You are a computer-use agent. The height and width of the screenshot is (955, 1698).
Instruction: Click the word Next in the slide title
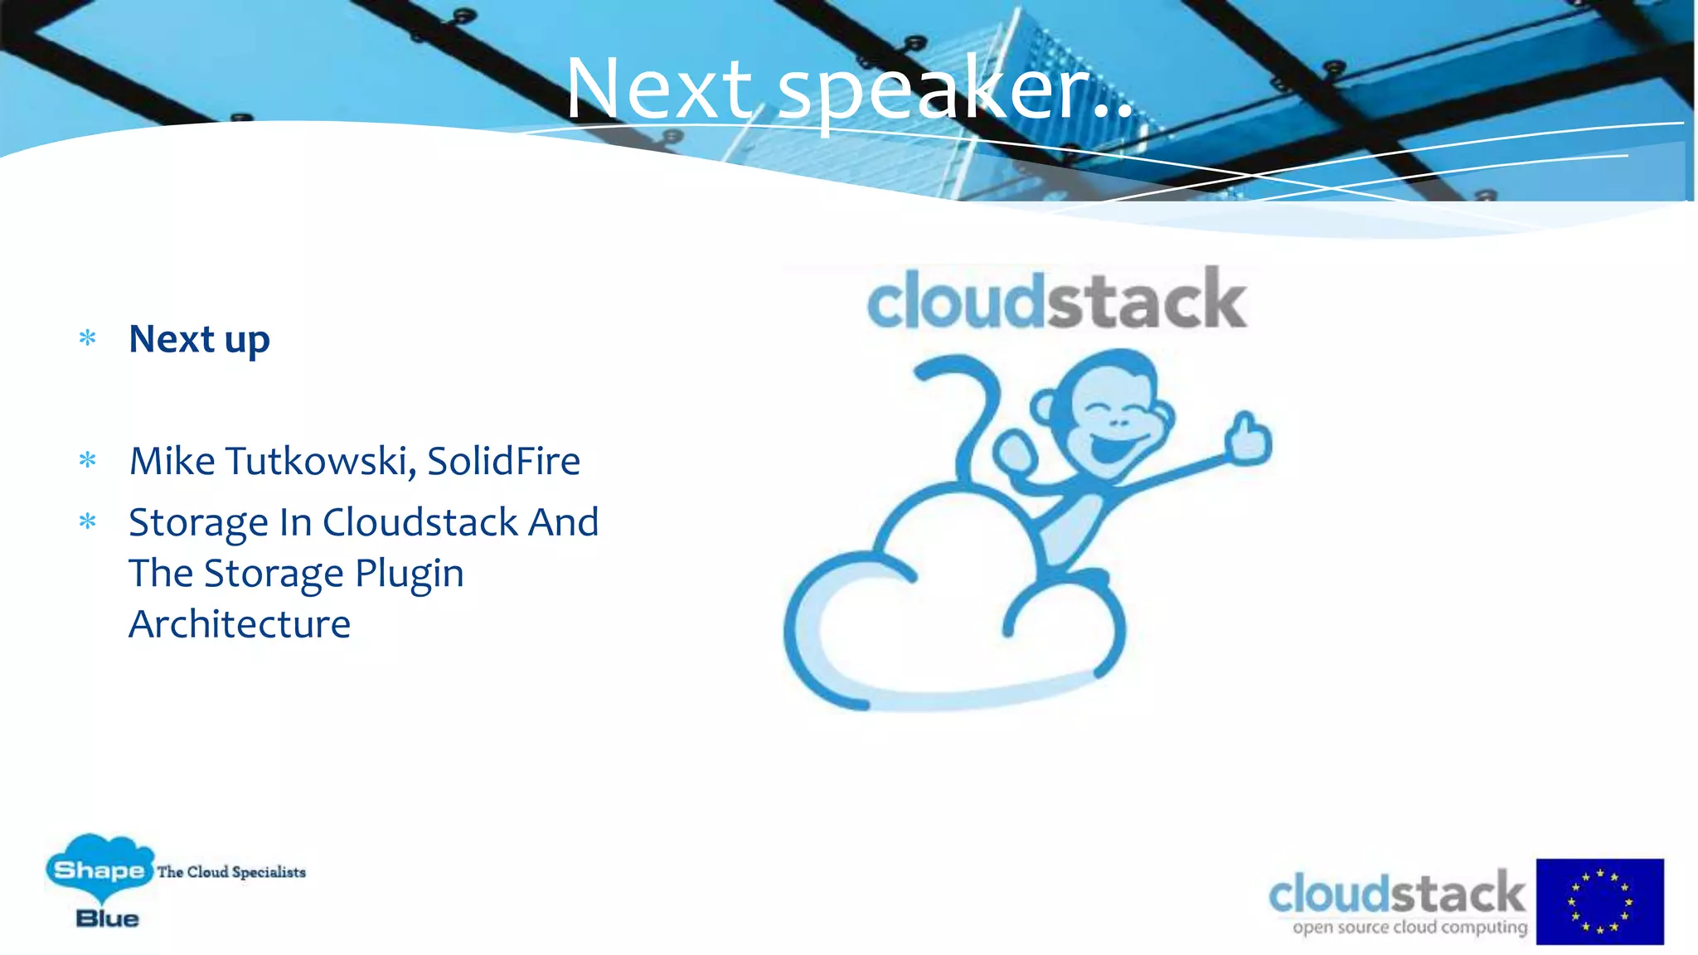658,89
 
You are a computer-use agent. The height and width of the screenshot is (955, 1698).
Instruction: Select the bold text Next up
199,339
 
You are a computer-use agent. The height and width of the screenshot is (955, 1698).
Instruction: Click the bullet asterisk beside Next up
88,338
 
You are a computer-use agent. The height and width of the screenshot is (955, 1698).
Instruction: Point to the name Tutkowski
320,461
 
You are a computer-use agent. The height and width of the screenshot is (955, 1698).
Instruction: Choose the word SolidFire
503,461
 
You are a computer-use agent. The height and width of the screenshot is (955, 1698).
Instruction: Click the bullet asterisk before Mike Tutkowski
88,460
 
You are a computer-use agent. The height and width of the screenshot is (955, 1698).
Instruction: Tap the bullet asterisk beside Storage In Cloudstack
88,521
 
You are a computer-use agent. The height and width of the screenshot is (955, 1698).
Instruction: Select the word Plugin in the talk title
410,574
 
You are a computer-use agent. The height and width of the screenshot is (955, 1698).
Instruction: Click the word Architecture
240,624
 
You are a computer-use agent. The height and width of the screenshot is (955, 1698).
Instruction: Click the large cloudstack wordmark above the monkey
1056,300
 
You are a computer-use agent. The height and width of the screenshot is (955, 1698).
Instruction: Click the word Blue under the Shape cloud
108,919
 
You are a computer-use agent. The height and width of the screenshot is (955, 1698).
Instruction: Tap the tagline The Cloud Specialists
231,872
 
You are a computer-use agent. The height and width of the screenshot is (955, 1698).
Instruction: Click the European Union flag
1599,901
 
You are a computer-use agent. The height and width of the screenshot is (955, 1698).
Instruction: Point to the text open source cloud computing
1409,927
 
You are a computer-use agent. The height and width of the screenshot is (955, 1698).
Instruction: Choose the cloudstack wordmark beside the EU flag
1396,894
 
